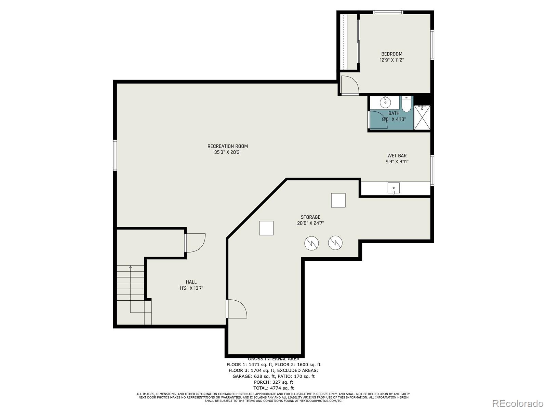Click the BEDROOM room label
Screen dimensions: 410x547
(x=392, y=54)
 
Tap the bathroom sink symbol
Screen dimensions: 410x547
(x=385, y=102)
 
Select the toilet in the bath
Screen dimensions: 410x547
(x=406, y=105)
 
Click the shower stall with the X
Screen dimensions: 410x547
(x=422, y=118)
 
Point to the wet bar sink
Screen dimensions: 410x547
(x=393, y=188)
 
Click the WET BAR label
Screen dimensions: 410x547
(x=397, y=156)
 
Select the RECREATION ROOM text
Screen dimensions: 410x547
(x=228, y=146)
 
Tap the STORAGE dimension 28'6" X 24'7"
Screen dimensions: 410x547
(x=310, y=223)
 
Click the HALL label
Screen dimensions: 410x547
(x=191, y=282)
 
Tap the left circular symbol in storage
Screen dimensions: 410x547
(x=311, y=243)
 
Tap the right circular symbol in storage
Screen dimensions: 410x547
(x=335, y=243)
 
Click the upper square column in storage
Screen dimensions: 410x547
(x=338, y=200)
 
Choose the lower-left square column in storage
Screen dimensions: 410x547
(x=266, y=228)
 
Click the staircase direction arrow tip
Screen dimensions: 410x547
(x=130, y=266)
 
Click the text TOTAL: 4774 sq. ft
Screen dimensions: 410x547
(x=273, y=388)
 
